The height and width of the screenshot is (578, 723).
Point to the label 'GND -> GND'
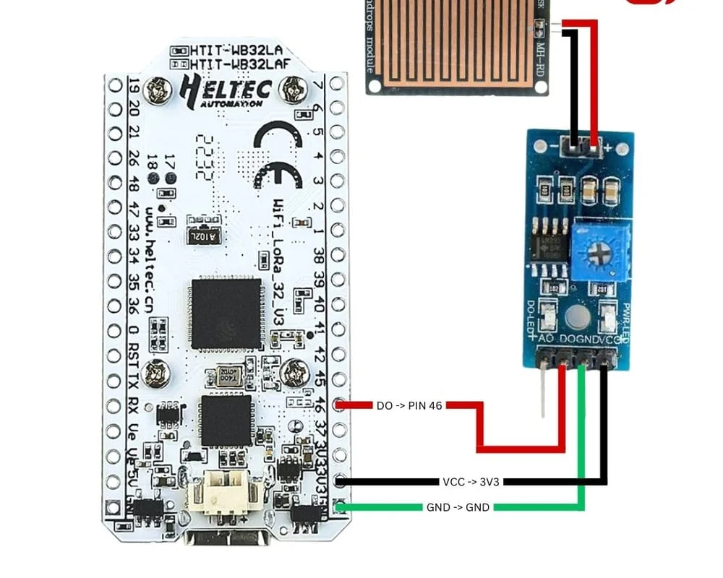pyautogui.click(x=458, y=507)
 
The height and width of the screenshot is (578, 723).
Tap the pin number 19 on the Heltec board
pyautogui.click(x=133, y=85)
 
